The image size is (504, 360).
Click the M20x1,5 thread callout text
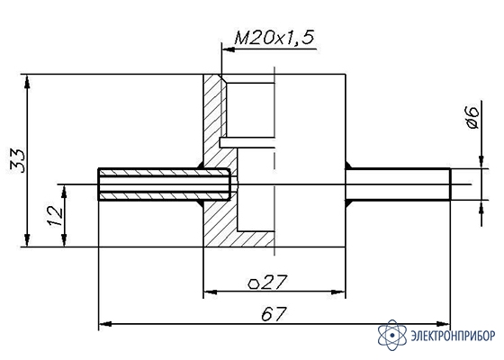274,38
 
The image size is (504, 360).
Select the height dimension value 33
18,161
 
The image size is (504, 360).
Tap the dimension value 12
55,216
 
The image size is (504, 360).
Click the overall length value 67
274,314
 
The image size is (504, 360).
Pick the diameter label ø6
472,118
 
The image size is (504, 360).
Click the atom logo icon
392,335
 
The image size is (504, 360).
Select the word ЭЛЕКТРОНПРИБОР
454,336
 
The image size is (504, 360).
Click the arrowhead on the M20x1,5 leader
229,49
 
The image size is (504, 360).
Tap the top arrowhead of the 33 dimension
28,81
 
